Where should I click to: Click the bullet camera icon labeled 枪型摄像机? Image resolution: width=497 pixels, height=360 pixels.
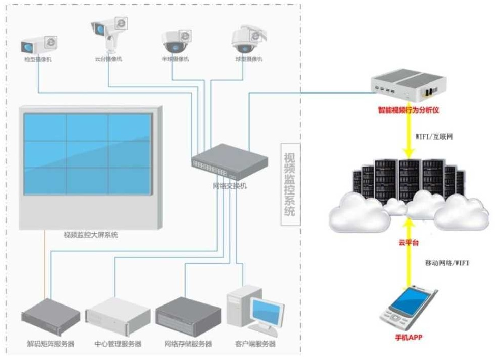point(36,44)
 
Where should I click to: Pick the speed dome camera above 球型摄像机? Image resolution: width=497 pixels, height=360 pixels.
point(246,40)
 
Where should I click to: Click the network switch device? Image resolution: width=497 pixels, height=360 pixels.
point(229,160)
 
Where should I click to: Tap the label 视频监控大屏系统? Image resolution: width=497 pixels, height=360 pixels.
point(91,235)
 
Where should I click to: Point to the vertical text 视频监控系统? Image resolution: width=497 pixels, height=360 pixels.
point(288,184)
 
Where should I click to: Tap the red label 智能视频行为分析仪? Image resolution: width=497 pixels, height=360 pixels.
point(408,109)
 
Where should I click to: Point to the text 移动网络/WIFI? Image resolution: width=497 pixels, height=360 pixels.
point(447,263)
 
